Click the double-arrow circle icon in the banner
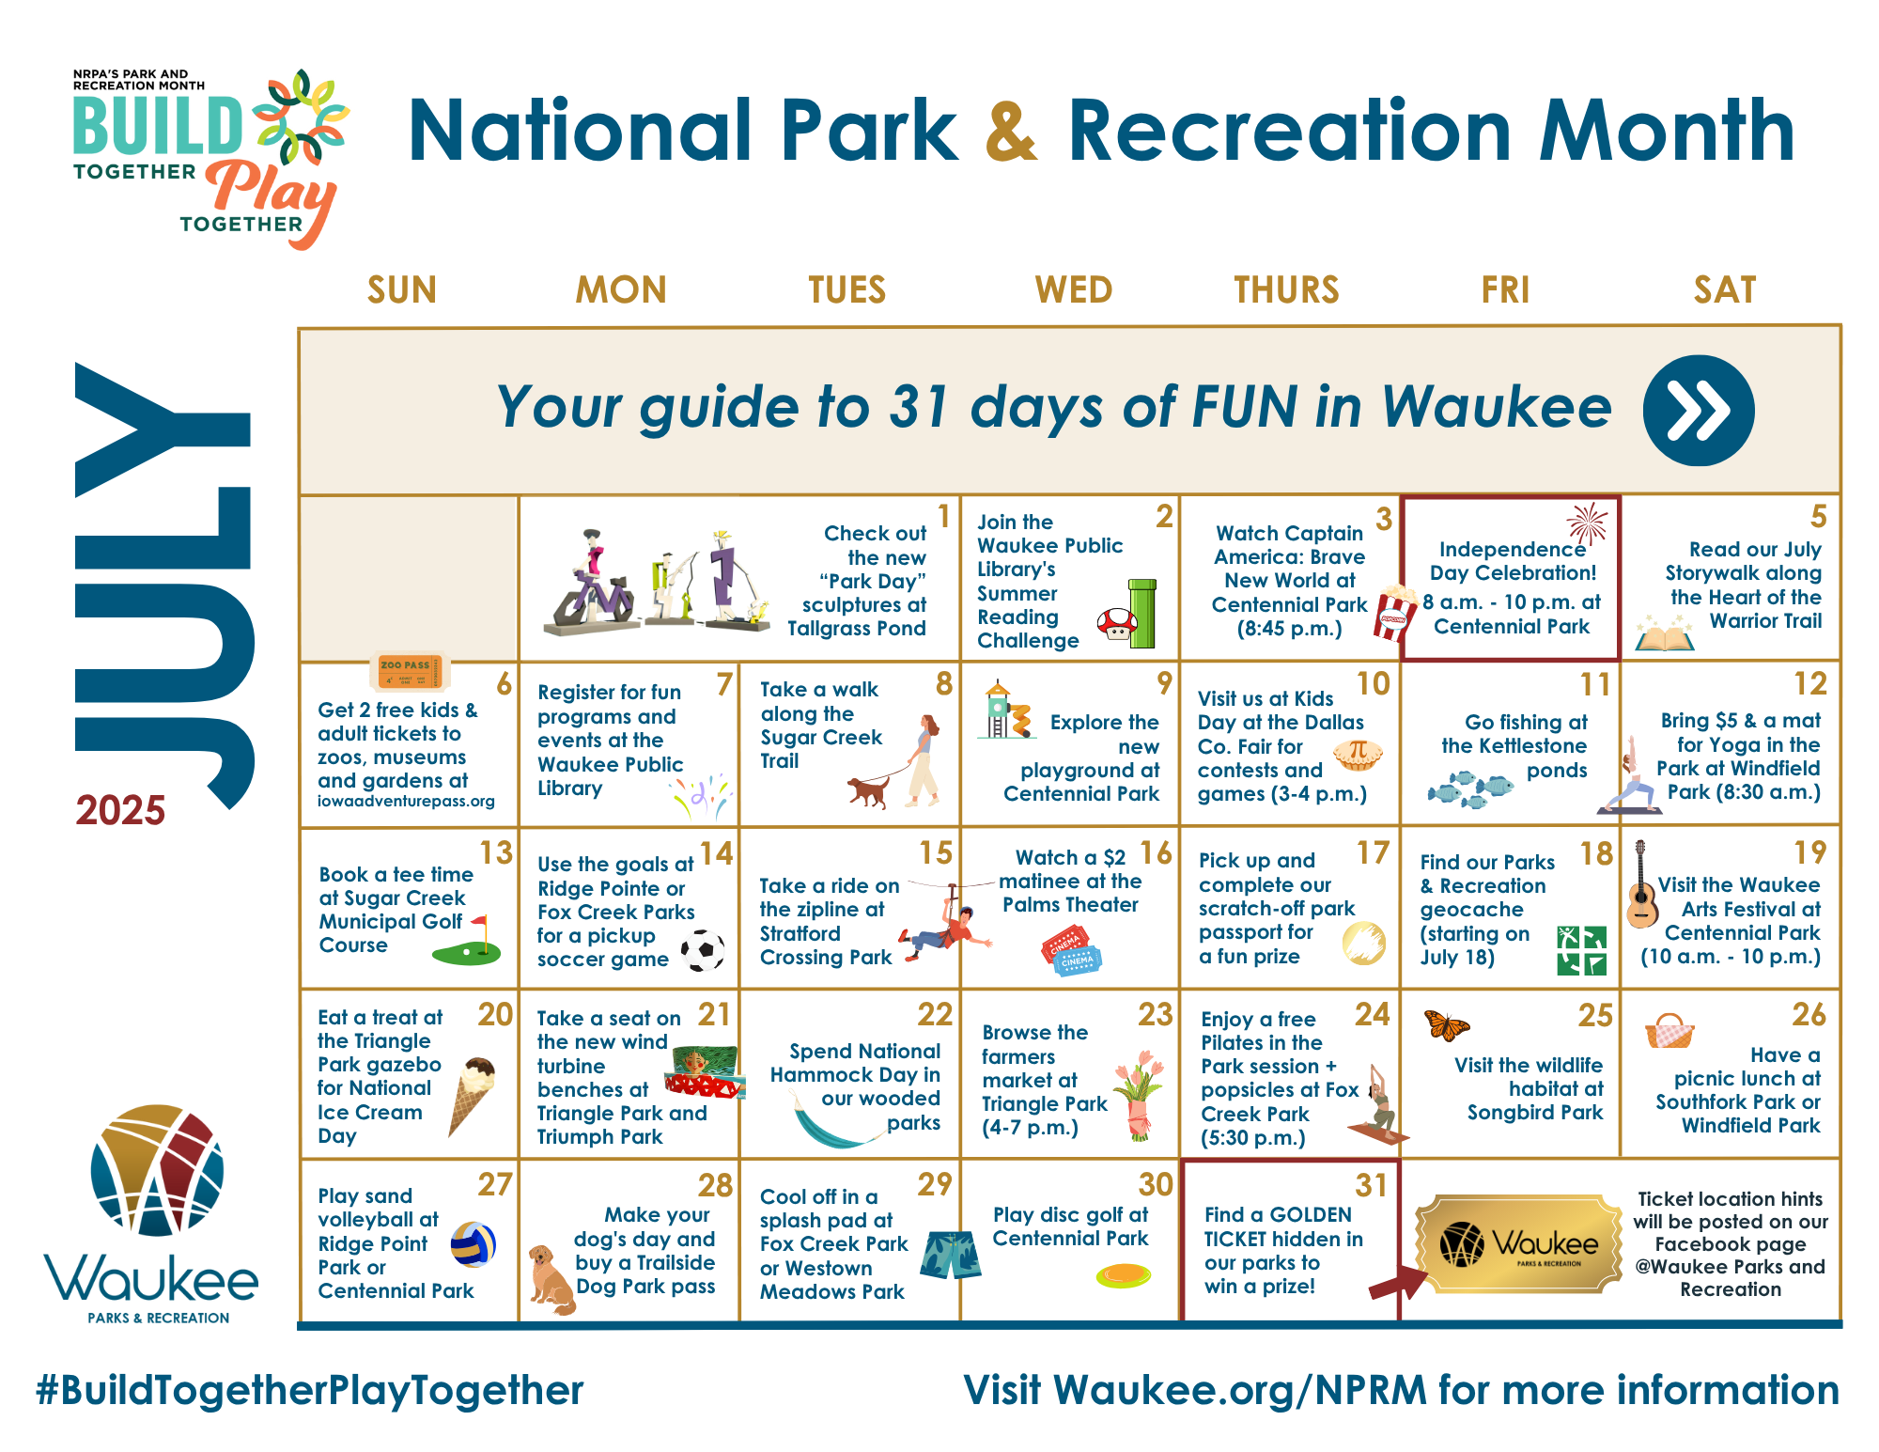click(1698, 411)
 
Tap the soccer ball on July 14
click(703, 950)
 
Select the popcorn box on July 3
click(1395, 612)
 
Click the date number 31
click(1371, 1186)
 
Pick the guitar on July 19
click(1641, 886)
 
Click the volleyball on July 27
click(473, 1244)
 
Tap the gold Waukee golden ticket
click(1518, 1244)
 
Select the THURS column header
click(1286, 290)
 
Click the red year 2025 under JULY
click(120, 810)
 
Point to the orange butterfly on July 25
click(1446, 1025)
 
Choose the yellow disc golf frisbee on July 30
click(1123, 1275)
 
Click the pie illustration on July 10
click(1358, 754)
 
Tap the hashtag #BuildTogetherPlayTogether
click(310, 1390)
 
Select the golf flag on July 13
click(469, 943)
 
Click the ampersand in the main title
click(1012, 131)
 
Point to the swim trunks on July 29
click(951, 1256)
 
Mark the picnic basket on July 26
click(1669, 1031)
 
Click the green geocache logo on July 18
click(1581, 950)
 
